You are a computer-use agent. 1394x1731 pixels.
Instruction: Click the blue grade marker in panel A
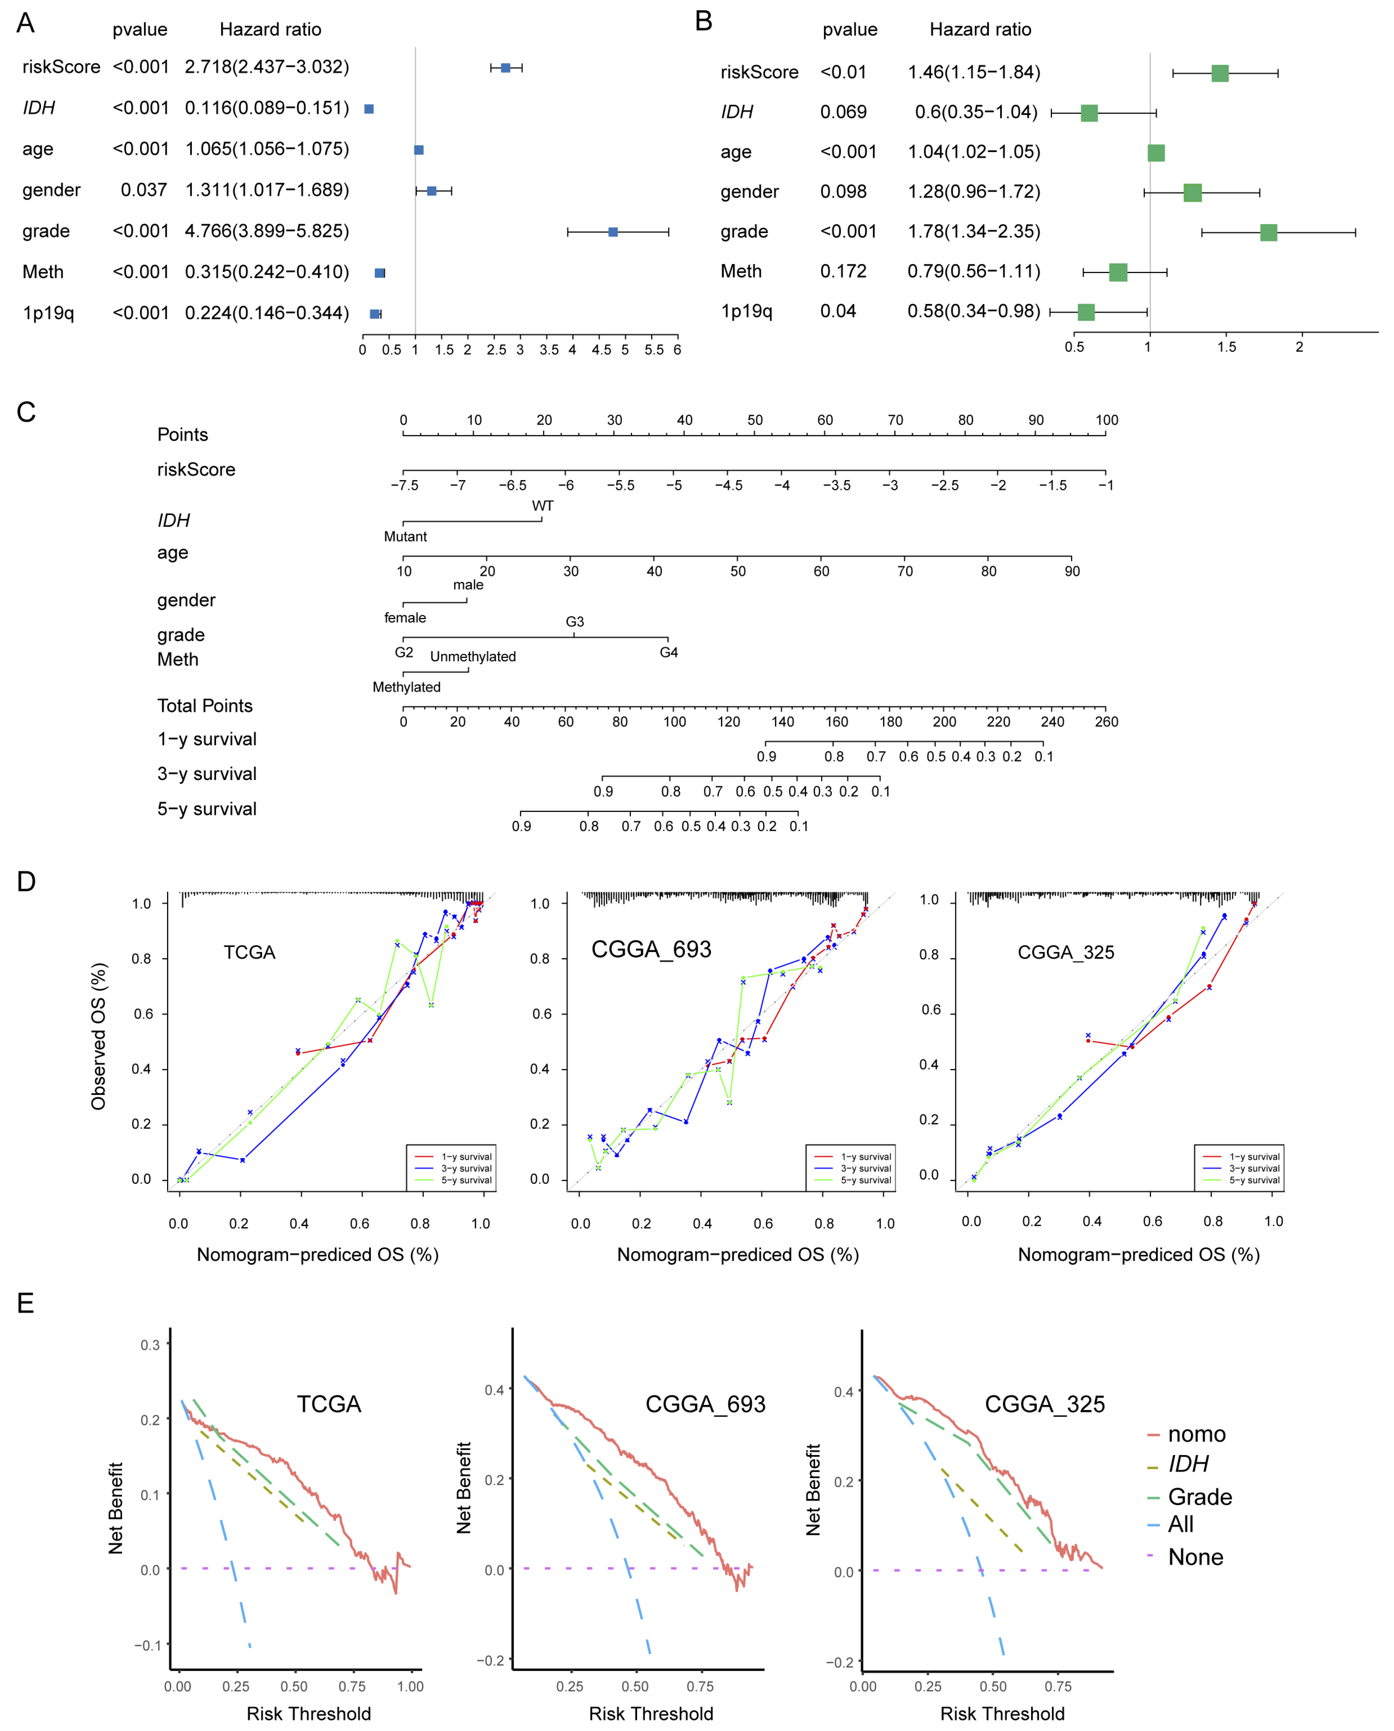(x=613, y=232)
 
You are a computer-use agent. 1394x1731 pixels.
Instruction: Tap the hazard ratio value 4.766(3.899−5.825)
(x=267, y=231)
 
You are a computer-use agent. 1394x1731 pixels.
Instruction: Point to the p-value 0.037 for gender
(x=144, y=190)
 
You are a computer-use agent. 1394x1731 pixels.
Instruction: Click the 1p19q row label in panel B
(x=746, y=312)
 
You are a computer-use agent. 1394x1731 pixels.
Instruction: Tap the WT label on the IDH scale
(x=543, y=506)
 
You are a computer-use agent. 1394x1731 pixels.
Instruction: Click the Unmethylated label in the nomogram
(x=473, y=657)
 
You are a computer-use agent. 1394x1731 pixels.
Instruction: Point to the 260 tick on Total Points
(x=1106, y=722)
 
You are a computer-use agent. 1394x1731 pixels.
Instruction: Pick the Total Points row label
(x=205, y=706)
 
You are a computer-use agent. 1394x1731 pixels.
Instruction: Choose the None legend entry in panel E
(x=1195, y=1557)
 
